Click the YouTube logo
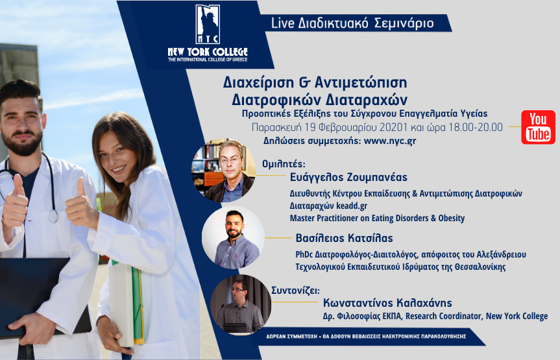[x=538, y=127]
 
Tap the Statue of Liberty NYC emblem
[x=208, y=24]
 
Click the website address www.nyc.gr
[x=390, y=141]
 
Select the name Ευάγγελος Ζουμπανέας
[x=348, y=177]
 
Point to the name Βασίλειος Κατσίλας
[x=345, y=238]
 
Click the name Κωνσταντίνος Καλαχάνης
[x=387, y=303]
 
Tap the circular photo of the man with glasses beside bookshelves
[x=224, y=171]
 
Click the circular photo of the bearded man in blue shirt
[x=233, y=238]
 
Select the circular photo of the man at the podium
[x=241, y=304]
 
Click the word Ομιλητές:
[x=284, y=164]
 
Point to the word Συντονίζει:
[x=295, y=290]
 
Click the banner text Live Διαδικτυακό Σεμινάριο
[x=352, y=23]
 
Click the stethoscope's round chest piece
[x=53, y=217]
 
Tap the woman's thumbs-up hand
[x=81, y=204]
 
